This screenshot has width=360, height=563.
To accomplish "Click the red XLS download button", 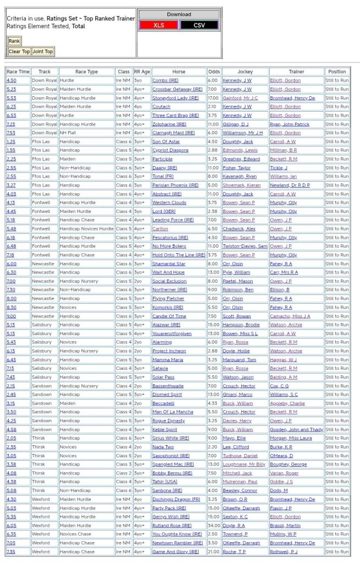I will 159,25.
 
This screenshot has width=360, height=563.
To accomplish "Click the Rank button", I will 14,41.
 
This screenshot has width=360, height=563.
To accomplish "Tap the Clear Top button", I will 19,52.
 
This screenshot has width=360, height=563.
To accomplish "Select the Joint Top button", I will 42,52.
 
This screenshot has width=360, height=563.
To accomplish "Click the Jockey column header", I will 245,72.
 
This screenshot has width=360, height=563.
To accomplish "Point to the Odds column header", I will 214,72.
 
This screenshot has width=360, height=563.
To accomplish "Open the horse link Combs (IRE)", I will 165,80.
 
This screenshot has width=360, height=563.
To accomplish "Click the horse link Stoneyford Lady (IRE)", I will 176,98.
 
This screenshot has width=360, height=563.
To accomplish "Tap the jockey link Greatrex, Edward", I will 241,159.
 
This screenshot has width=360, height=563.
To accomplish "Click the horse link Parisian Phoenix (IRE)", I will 176,185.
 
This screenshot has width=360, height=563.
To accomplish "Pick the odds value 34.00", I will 213,525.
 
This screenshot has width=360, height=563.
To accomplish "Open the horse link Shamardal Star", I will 169,264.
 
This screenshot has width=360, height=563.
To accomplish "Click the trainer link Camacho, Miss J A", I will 290,316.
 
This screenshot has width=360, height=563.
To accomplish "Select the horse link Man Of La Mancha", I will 172,412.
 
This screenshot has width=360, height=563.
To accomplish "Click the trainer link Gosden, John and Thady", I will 297,429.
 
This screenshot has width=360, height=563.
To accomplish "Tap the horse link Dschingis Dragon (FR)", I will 176,499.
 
